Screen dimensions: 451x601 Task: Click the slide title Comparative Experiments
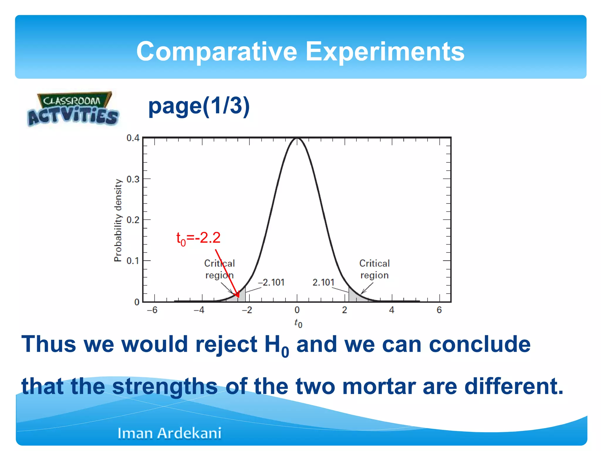pos(300,51)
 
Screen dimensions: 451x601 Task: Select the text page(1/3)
pos(199,106)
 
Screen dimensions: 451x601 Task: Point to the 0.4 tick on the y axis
pos(133,138)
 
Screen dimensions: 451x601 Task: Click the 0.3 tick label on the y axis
pos(133,179)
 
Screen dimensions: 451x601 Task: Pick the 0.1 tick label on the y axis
pos(133,261)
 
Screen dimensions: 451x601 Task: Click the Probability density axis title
pos(118,220)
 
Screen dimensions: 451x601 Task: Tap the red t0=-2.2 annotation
pos(198,238)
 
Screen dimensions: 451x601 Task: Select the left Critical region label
pos(220,269)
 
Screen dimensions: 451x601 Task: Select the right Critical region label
pos(374,269)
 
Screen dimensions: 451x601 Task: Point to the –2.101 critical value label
pos(271,282)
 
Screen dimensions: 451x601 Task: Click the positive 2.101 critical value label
pos(323,282)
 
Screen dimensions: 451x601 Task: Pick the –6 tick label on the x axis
pos(152,310)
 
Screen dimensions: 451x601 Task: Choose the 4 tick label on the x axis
pos(392,310)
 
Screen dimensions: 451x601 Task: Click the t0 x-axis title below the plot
pos(298,323)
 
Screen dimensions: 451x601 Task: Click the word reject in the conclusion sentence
pos(226,344)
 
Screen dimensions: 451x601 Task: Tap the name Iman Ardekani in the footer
pos(169,433)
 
